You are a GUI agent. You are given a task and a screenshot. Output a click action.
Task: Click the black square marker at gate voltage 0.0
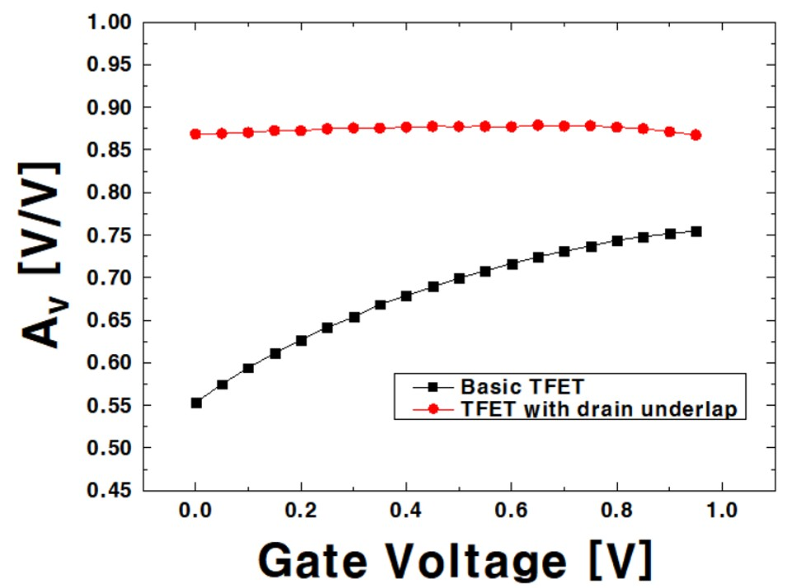coord(196,403)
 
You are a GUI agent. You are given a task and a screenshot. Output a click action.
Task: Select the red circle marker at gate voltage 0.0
coord(196,134)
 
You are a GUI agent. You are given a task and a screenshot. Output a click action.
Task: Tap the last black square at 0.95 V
coord(696,231)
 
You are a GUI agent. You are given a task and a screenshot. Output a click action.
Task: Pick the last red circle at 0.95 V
coord(696,135)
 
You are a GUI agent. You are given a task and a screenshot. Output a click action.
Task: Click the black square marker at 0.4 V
coord(406,296)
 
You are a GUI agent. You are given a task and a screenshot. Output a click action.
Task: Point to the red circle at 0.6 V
coord(512,126)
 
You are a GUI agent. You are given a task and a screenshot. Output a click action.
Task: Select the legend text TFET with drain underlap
coord(602,409)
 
